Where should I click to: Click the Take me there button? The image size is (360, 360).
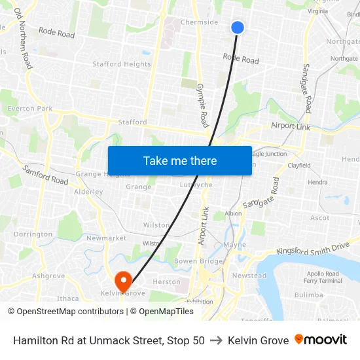pyautogui.click(x=179, y=161)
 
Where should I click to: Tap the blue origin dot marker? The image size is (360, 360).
pyautogui.click(x=238, y=27)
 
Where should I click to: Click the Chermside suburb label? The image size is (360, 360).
pyautogui.click(x=199, y=22)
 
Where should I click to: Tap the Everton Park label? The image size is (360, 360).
pyautogui.click(x=30, y=109)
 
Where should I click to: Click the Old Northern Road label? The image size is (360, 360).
pyautogui.click(x=23, y=39)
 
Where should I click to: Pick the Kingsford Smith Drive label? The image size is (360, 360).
pyautogui.click(x=313, y=247)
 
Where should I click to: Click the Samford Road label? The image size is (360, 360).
pyautogui.click(x=45, y=175)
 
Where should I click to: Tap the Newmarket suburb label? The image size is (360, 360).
pyautogui.click(x=106, y=238)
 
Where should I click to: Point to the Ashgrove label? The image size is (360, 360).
pyautogui.click(x=48, y=276)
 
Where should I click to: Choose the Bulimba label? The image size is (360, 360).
pyautogui.click(x=309, y=295)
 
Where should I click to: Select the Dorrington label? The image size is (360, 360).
pyautogui.click(x=33, y=234)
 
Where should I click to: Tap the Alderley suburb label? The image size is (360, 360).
pyautogui.click(x=88, y=192)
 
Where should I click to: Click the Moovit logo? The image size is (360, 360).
pyautogui.click(x=321, y=340)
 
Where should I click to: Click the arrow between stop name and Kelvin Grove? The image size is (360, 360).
pyautogui.click(x=216, y=340)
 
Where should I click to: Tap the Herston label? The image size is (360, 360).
pyautogui.click(x=166, y=282)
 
